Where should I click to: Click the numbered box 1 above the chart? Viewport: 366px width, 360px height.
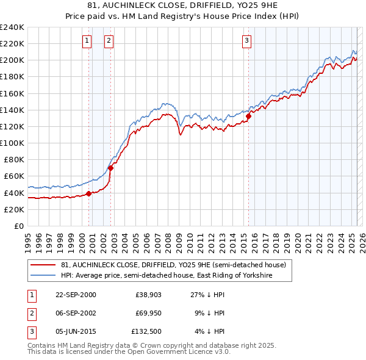pos(87,41)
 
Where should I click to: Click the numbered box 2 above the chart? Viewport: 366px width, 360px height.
pos(109,41)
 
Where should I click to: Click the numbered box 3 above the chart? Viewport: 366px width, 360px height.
pos(246,41)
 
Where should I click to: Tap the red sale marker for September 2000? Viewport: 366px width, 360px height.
pos(89,193)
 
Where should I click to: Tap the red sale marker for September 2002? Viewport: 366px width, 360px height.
pos(110,168)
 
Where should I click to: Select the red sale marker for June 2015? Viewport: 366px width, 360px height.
pos(249,116)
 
